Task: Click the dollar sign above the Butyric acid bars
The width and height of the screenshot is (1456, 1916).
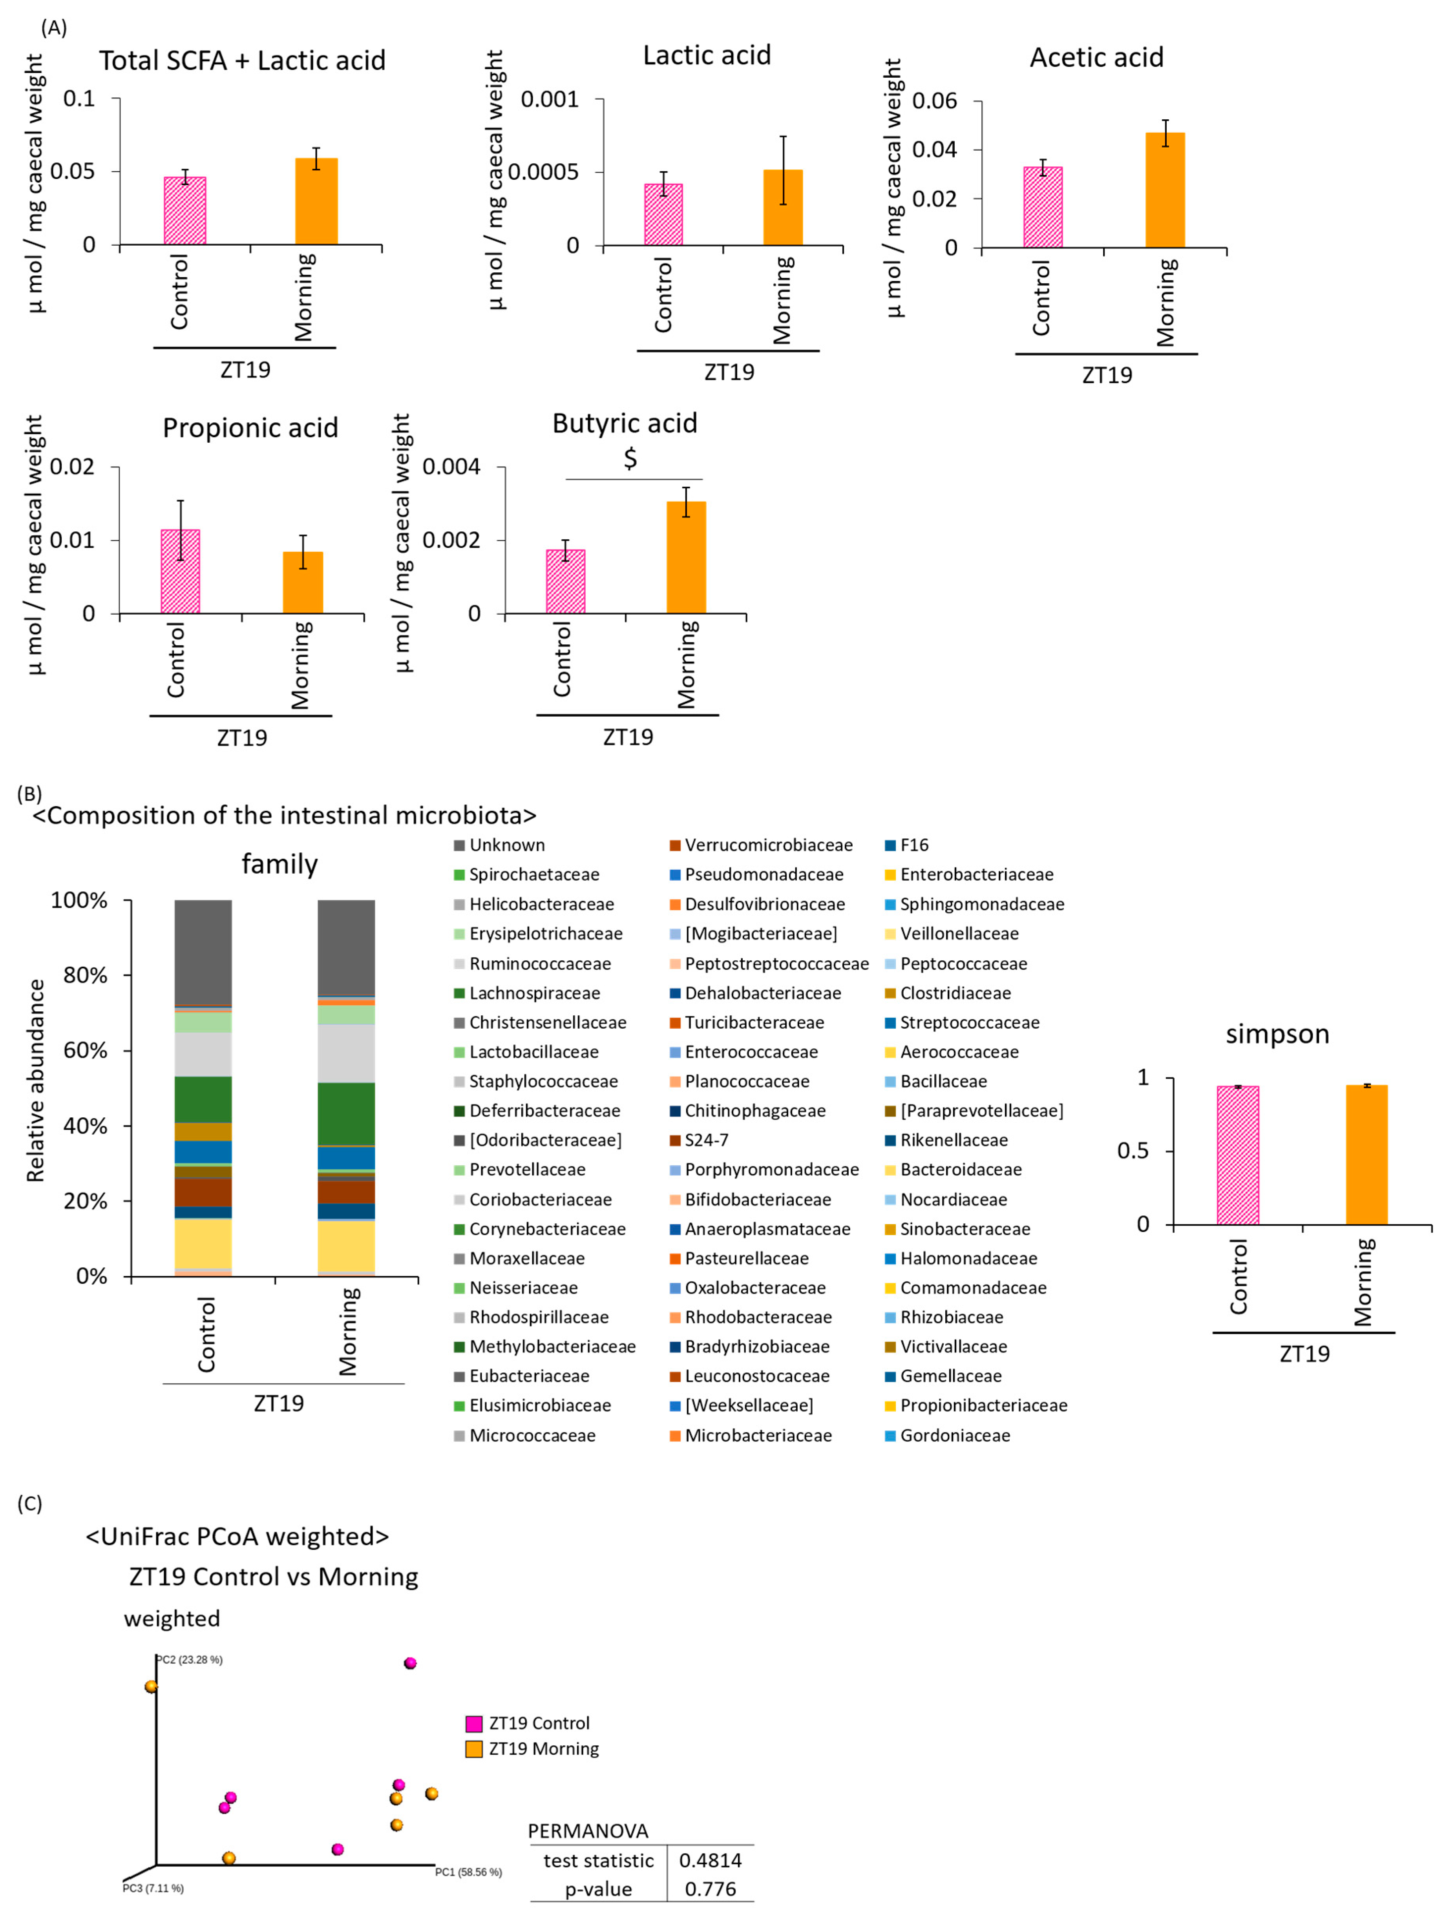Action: click(630, 458)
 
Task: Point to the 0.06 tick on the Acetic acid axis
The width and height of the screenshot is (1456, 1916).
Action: click(934, 101)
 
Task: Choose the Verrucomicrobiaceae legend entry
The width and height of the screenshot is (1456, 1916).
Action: click(768, 845)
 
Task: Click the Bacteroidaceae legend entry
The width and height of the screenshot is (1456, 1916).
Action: click(960, 1170)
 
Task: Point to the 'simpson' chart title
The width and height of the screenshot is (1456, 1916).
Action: click(1277, 1034)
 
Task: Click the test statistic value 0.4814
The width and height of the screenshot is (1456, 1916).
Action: click(710, 1861)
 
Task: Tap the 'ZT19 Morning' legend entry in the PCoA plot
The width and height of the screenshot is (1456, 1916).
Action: click(543, 1749)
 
